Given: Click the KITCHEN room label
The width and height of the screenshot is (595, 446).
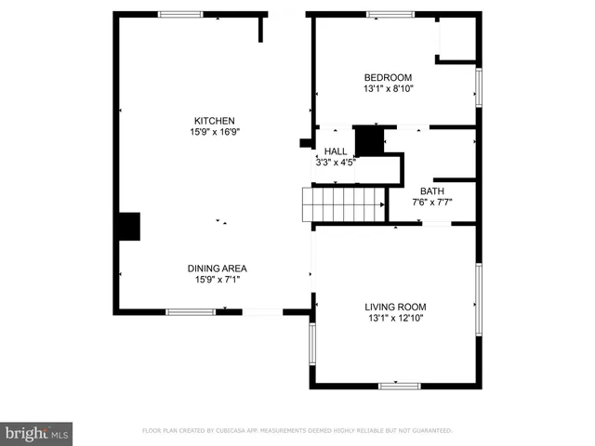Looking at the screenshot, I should tap(214, 121).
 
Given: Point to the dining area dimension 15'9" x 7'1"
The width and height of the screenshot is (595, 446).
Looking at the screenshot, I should tap(220, 280).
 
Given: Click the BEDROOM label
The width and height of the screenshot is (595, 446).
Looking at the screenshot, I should tap(388, 78).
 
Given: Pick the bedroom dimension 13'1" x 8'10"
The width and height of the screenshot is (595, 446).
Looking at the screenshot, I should tap(388, 89).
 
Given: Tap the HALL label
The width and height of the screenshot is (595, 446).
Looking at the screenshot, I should tap(336, 151).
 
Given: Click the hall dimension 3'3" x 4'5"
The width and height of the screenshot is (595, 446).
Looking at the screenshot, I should tap(336, 162).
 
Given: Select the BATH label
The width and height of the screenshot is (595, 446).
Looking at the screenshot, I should tap(432, 191).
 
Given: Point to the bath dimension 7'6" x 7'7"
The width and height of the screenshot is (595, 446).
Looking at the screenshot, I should tap(432, 203).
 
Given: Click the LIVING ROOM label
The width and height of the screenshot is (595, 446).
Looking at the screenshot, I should tap(395, 307).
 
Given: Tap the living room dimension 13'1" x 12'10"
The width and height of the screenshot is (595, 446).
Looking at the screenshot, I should tap(395, 318).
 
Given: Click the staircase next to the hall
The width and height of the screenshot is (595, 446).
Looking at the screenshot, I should tap(344, 204).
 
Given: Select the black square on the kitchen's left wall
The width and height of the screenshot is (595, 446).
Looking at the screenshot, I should tap(128, 227).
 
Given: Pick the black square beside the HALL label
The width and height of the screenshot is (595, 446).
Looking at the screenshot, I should tap(369, 141).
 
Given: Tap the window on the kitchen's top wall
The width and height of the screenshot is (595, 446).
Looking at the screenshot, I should tap(181, 14).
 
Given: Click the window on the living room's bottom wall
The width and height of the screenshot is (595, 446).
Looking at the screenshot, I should tap(400, 386).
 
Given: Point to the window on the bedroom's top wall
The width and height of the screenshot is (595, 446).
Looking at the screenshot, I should tap(390, 14).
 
